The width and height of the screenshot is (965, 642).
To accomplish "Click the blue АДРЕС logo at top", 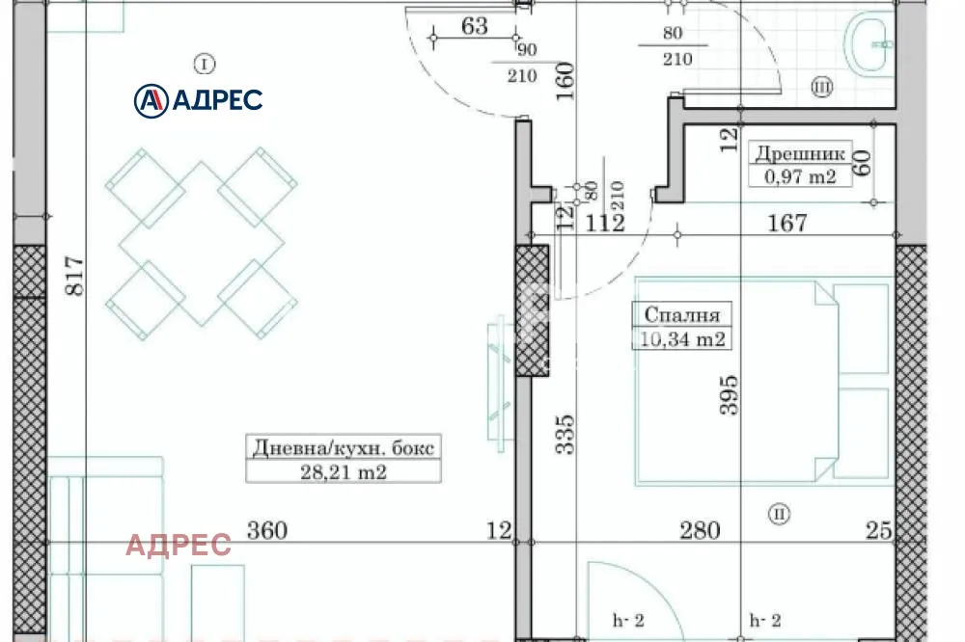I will pyautogui.click(x=199, y=98).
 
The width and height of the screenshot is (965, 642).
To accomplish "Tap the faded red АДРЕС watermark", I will pyautogui.click(x=179, y=546).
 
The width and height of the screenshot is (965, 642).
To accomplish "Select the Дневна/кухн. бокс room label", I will pyautogui.click(x=344, y=448).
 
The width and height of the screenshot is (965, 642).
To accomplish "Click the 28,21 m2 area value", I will pyautogui.click(x=344, y=471).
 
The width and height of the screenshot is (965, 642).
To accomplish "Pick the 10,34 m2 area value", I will pyautogui.click(x=681, y=338).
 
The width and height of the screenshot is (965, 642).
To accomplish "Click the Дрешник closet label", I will pyautogui.click(x=800, y=153).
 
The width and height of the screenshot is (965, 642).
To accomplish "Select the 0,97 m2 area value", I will pyautogui.click(x=800, y=175).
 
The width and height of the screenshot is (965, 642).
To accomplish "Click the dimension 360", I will pyautogui.click(x=268, y=530).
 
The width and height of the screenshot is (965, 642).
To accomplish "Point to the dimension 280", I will pyautogui.click(x=699, y=530).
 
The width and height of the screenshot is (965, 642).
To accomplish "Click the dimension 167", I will pyautogui.click(x=787, y=224).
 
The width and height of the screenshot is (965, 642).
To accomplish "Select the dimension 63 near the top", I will pyautogui.click(x=475, y=26).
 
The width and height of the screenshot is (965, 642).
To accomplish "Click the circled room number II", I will pyautogui.click(x=779, y=514).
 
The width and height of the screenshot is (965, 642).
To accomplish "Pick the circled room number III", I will pyautogui.click(x=822, y=89).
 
